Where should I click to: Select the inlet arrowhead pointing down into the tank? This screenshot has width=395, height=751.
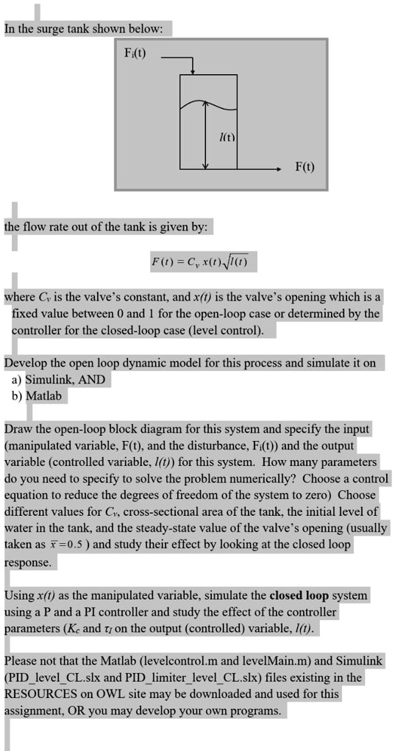point(193,71)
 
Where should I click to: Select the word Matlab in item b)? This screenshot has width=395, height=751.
point(46,395)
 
